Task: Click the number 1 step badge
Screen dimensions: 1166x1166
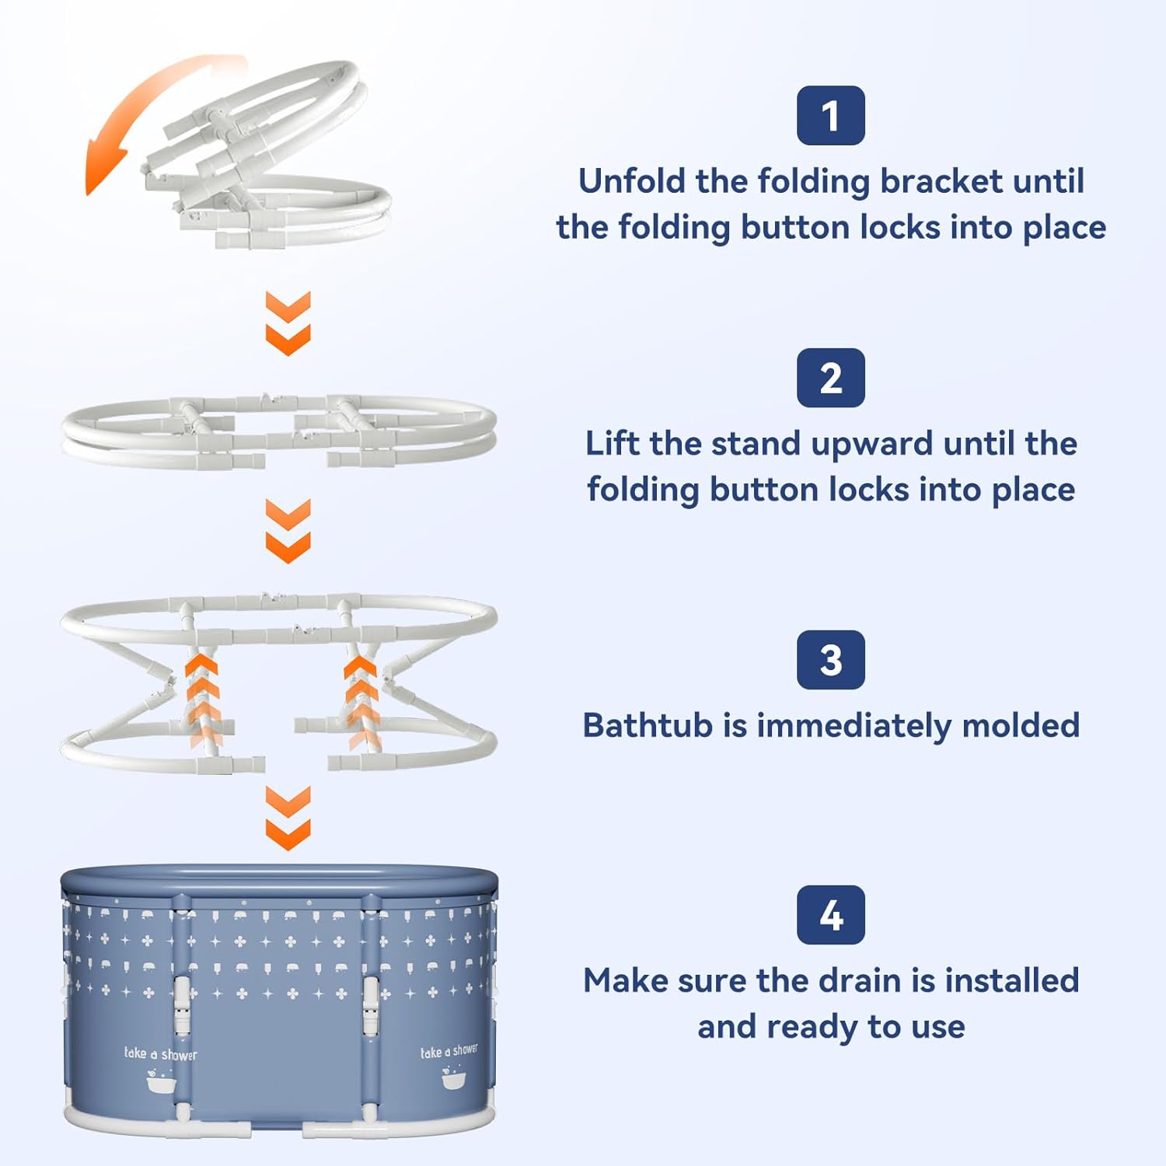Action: (830, 115)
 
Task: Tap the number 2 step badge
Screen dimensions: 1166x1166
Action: (830, 378)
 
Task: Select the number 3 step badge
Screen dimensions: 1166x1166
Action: (830, 660)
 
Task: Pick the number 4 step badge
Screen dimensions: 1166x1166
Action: (830, 915)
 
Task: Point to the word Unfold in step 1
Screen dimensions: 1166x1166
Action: (632, 181)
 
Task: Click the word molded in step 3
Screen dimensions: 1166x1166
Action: (1021, 725)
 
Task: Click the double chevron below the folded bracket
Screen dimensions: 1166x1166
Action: (288, 323)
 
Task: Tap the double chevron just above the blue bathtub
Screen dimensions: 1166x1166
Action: (288, 818)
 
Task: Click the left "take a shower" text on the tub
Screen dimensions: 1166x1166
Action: (161, 1053)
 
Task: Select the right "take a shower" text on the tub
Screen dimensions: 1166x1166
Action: (449, 1051)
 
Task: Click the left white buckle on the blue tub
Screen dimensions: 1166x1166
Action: (181, 1004)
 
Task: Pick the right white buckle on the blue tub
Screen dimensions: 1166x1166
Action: (372, 1004)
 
